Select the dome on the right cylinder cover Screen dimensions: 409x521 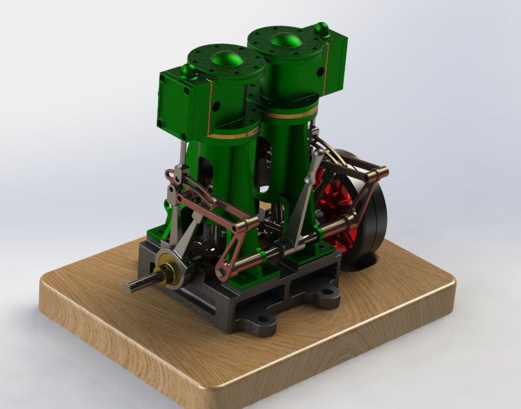(286, 40)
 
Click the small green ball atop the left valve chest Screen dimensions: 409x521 (188, 71)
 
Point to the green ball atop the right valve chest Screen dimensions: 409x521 (322, 28)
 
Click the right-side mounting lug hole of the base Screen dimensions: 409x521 (328, 293)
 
